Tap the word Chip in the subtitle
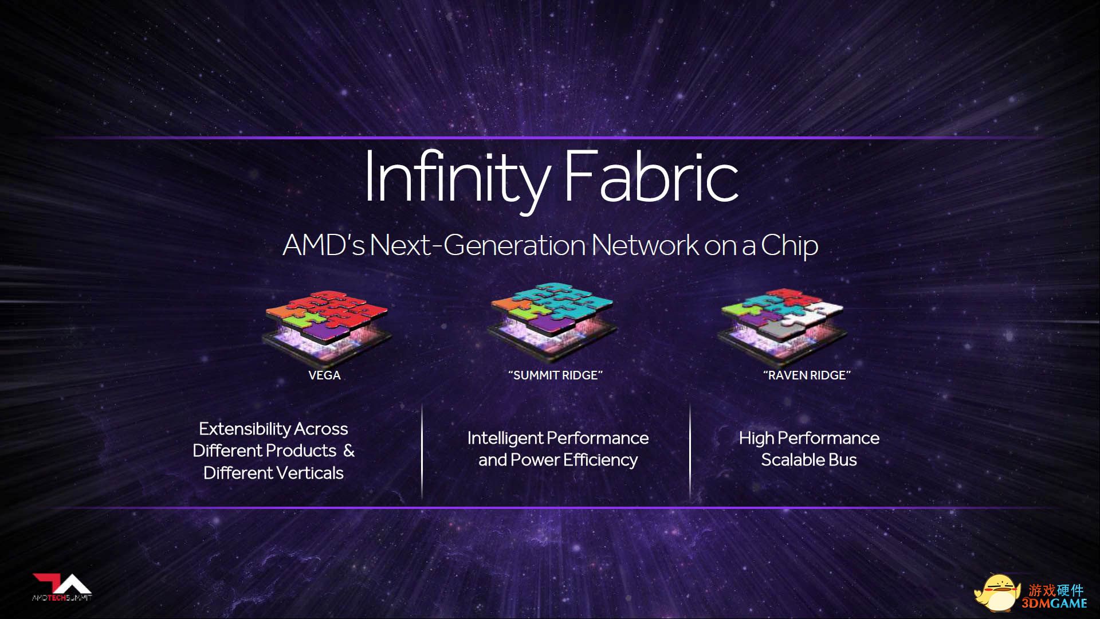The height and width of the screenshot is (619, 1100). [x=789, y=246]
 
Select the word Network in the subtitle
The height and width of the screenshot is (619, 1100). [x=645, y=245]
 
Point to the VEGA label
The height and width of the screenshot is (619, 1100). [x=324, y=375]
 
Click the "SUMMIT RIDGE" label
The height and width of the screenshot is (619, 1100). [x=555, y=375]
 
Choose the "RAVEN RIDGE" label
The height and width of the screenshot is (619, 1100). [x=807, y=375]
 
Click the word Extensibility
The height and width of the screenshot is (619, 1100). [x=244, y=429]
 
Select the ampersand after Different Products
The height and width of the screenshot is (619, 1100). [x=349, y=450]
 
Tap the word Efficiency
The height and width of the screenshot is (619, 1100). [x=600, y=460]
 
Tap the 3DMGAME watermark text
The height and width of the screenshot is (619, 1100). [x=1055, y=603]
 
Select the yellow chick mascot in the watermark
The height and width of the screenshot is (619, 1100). [x=998, y=594]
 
